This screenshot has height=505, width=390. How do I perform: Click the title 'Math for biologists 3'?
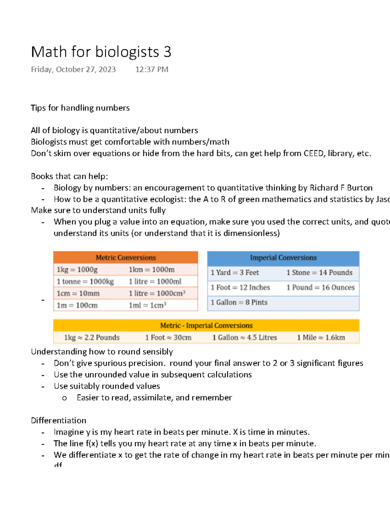click(x=101, y=52)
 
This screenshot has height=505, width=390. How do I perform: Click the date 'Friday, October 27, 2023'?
click(x=73, y=70)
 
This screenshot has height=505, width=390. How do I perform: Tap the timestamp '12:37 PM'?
click(x=152, y=70)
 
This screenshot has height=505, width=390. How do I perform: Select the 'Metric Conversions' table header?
click(x=125, y=258)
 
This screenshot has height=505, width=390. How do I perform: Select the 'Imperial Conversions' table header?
click(x=283, y=258)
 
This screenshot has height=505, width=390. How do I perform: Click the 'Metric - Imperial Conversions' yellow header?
click(x=206, y=326)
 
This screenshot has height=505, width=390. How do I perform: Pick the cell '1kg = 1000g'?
click(x=77, y=270)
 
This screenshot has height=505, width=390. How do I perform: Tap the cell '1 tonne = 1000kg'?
click(x=85, y=282)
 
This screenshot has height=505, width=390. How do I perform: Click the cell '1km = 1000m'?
click(x=151, y=270)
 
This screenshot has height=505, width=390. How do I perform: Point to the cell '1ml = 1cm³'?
click(x=148, y=305)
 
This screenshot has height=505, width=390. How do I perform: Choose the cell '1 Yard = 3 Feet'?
click(x=235, y=272)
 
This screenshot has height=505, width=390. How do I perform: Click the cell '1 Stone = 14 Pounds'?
click(x=319, y=272)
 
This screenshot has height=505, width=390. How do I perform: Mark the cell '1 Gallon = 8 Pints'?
click(x=239, y=302)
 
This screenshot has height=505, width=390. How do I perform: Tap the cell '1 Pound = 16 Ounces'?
click(x=320, y=287)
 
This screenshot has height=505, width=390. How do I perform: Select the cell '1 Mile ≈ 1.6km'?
click(x=321, y=338)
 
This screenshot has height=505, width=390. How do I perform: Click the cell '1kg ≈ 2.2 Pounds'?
click(x=92, y=338)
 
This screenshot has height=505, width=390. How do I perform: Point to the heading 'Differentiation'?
click(x=58, y=420)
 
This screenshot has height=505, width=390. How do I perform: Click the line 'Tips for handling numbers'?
click(x=80, y=108)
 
